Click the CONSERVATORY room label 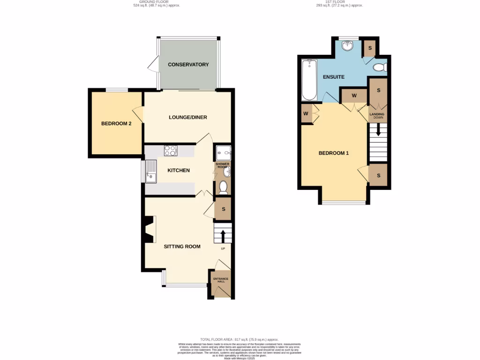[188, 65]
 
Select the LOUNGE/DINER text [187, 117]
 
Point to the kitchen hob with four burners [170, 151]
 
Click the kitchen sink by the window [151, 171]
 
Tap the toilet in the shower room [223, 188]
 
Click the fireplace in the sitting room [149, 230]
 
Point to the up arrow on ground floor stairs [223, 234]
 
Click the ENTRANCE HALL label [221, 280]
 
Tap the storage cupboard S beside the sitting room [223, 210]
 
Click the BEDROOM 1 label [333, 153]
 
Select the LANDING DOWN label [378, 116]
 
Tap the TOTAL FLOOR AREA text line [239, 339]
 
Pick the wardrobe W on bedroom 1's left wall [306, 113]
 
